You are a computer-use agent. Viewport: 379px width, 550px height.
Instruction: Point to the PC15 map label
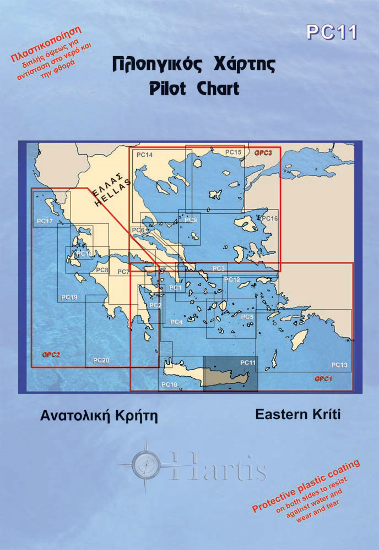pyautogui.click(x=234, y=152)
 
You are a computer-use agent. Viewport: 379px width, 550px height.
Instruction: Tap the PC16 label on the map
pyautogui.click(x=270, y=219)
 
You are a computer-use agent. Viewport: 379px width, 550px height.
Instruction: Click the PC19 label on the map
pyautogui.click(x=68, y=298)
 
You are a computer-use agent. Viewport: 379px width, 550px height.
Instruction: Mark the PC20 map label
pyautogui.click(x=101, y=361)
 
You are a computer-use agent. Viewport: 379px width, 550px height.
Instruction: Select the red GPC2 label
pyautogui.click(x=50, y=355)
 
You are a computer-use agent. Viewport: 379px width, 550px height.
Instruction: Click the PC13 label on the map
pyautogui.click(x=339, y=365)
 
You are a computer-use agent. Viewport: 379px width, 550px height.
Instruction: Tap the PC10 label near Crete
pyautogui.click(x=169, y=384)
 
